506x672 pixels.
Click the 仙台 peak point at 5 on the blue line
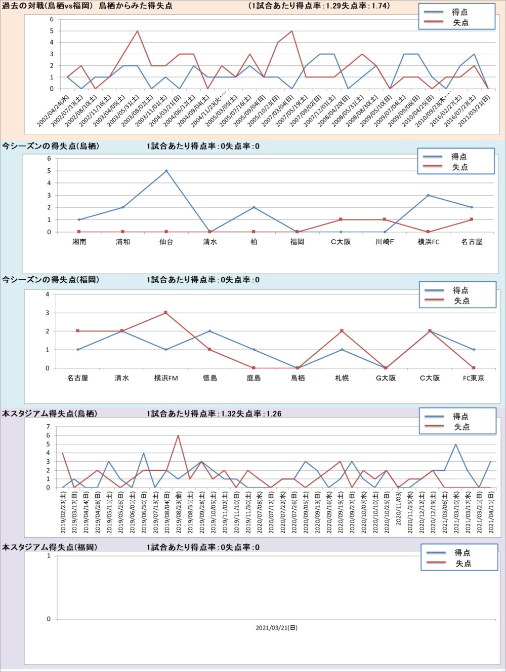[x=166, y=171]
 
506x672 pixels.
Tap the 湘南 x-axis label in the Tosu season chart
[x=79, y=242]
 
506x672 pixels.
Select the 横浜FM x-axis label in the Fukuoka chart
[x=166, y=378]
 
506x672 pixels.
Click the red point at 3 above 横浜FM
[x=166, y=313]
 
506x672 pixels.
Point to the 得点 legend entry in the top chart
[x=459, y=12]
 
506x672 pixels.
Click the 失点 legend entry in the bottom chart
[x=463, y=564]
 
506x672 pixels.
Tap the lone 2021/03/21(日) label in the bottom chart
[x=276, y=628]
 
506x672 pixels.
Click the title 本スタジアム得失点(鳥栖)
[x=50, y=414]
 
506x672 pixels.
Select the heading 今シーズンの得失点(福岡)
[x=51, y=280]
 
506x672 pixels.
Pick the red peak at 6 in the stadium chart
[x=178, y=435]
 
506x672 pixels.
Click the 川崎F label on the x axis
[x=385, y=242]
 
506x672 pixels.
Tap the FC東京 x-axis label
[x=474, y=378]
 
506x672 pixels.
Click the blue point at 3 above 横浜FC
[x=428, y=195]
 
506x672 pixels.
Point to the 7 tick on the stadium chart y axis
[x=49, y=427]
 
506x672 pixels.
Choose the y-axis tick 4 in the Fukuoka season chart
[x=48, y=294]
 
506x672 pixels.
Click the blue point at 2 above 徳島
[x=210, y=331]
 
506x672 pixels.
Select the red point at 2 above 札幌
[x=342, y=331]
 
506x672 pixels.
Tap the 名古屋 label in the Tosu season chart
[x=472, y=242]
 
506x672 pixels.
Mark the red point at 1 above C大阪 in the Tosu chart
[x=341, y=219]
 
